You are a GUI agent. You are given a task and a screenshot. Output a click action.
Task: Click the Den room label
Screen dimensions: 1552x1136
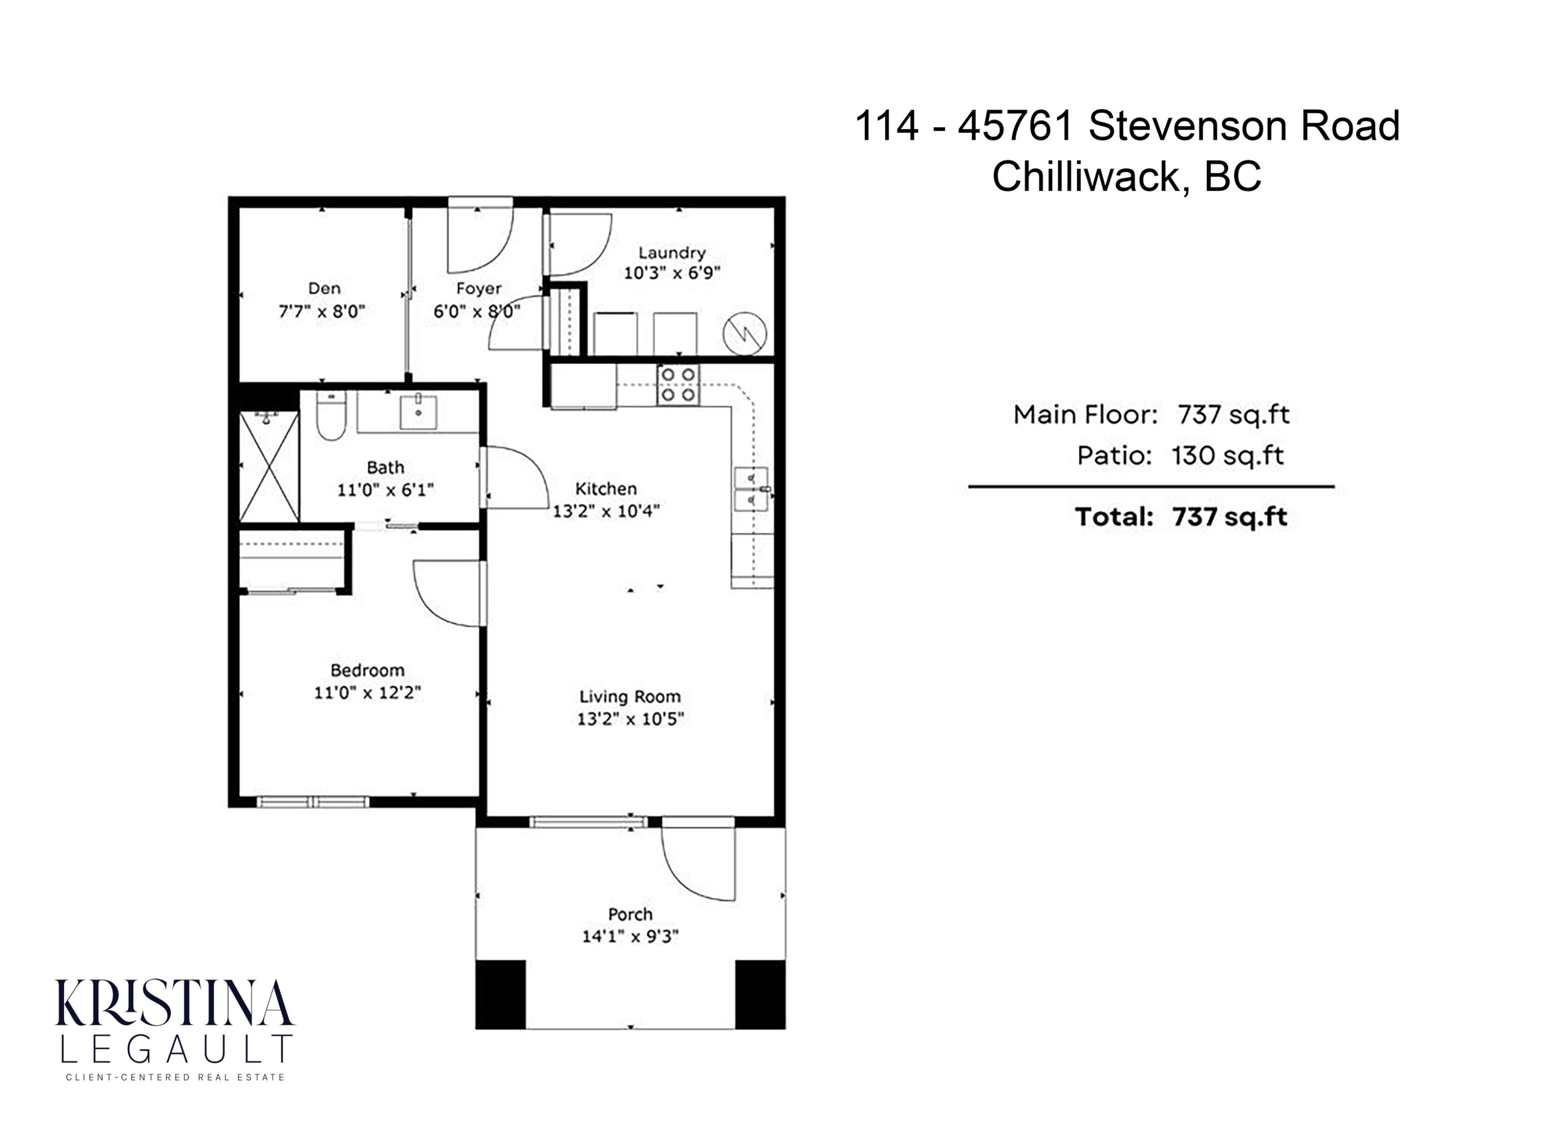point(324,288)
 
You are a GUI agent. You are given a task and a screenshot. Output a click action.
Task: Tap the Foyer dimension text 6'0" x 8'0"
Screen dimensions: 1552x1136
point(476,311)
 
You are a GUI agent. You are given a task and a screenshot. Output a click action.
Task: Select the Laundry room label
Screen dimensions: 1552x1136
point(672,253)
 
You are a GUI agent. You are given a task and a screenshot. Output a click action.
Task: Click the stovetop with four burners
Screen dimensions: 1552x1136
point(678,384)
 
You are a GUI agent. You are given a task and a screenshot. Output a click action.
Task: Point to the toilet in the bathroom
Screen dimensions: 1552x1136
point(330,416)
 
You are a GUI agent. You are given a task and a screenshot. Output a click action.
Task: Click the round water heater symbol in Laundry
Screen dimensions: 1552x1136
point(745,334)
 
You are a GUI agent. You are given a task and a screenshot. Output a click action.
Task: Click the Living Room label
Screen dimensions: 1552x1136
point(630,697)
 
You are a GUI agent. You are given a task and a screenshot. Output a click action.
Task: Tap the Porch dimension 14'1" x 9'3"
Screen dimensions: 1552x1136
point(630,936)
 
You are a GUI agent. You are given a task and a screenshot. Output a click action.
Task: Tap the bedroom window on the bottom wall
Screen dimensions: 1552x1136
point(313,802)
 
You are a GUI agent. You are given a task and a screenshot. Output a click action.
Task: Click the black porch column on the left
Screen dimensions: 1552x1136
point(501,994)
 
